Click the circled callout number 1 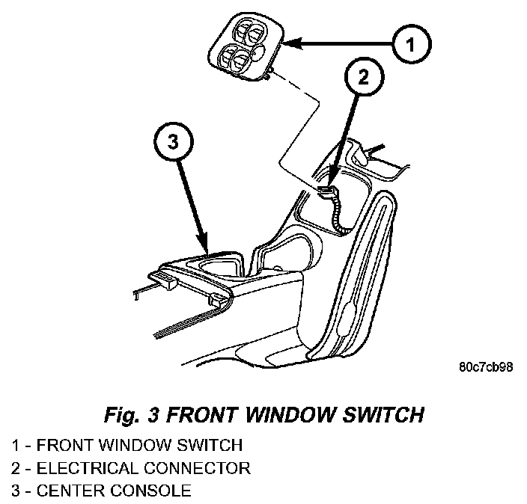(x=408, y=46)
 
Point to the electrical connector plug (x=328, y=192)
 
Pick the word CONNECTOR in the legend (x=201, y=469)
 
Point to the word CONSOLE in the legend (x=154, y=491)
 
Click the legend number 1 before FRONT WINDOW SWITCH (x=15, y=446)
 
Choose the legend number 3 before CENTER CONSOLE (x=15, y=491)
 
